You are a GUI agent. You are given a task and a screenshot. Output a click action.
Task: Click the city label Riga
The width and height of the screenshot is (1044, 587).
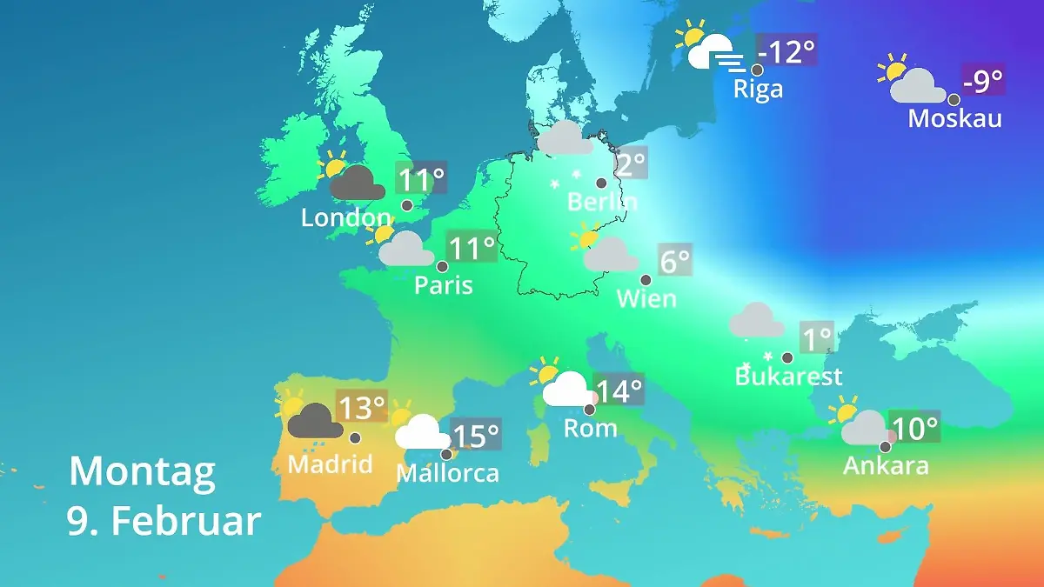[758, 89]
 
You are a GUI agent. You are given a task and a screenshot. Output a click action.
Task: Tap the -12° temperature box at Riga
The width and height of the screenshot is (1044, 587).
[786, 52]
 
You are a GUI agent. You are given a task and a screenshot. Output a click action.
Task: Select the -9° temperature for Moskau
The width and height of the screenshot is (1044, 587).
[982, 82]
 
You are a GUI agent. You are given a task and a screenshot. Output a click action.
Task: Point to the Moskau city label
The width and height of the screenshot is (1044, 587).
[954, 118]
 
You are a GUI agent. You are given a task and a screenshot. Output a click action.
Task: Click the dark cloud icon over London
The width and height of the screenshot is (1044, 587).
[357, 183]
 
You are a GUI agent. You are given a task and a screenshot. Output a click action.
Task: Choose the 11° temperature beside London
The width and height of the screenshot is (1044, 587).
[421, 180]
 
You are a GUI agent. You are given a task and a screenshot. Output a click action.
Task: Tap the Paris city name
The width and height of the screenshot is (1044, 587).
[443, 284]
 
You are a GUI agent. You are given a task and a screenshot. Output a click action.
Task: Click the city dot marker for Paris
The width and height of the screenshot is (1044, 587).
[442, 266]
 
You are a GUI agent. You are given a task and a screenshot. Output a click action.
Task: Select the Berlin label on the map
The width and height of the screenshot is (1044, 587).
[602, 202]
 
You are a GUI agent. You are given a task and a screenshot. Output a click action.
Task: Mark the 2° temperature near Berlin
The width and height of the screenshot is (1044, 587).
[631, 163]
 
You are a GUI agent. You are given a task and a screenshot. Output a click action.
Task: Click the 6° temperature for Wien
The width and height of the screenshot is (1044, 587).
[674, 260]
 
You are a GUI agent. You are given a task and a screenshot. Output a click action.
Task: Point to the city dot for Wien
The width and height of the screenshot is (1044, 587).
[646, 280]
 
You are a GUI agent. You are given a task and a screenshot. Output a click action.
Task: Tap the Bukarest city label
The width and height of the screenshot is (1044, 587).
[788, 377]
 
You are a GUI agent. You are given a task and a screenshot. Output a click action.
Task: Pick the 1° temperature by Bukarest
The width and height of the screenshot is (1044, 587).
[816, 338]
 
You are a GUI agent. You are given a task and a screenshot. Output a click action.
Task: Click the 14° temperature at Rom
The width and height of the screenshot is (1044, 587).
[619, 390]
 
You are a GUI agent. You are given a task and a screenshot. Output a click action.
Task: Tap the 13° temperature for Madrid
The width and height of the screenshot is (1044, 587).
[361, 406]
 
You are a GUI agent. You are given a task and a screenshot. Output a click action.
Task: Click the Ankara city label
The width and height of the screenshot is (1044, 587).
[886, 465]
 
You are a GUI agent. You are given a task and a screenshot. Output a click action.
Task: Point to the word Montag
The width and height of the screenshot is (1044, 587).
[142, 472]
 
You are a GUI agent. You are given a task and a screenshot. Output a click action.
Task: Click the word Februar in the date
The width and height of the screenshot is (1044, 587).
[185, 521]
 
